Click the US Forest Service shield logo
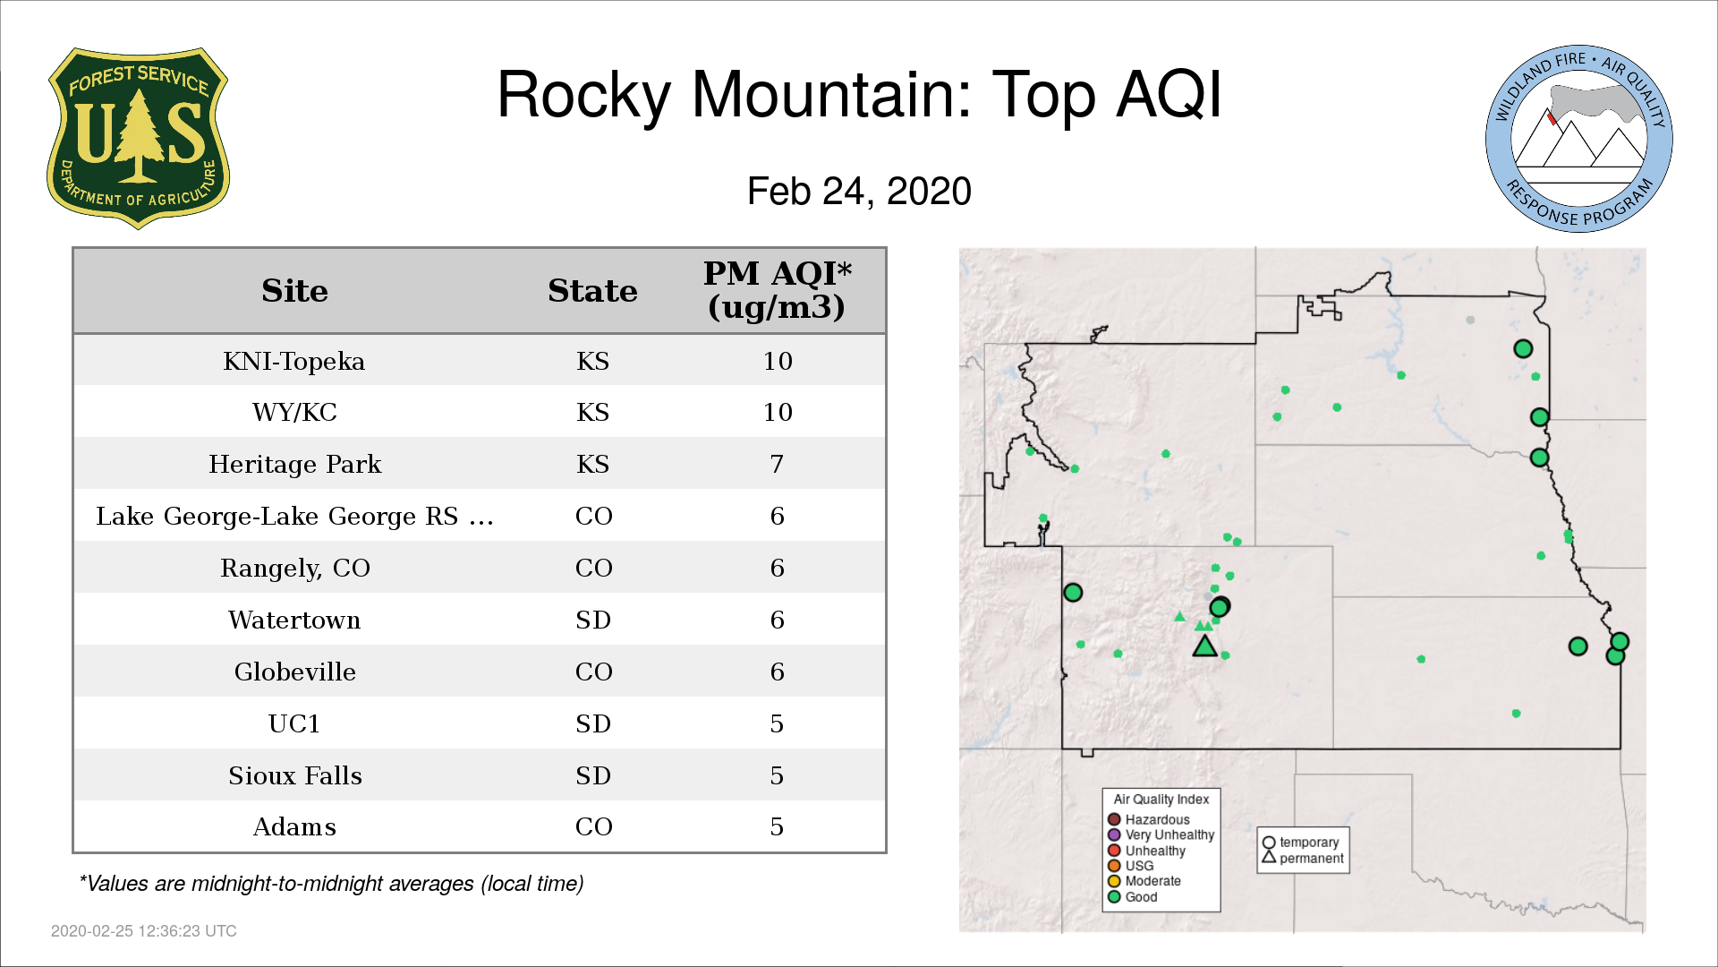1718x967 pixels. (138, 139)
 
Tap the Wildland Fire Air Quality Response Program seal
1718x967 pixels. (1578, 139)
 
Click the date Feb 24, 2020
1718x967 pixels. (859, 192)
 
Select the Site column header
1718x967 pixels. (294, 291)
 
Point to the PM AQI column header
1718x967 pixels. (777, 290)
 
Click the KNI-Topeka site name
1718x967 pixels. (294, 361)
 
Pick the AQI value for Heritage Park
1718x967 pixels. (777, 464)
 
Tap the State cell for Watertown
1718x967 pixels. (593, 620)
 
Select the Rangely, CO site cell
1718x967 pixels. (295, 569)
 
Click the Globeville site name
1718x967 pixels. (295, 672)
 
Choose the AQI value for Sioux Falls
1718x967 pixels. (777, 775)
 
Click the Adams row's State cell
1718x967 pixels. (593, 826)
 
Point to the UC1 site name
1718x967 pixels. (294, 723)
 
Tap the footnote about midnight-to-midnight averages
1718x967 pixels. (331, 884)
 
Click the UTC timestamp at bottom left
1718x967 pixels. (144, 931)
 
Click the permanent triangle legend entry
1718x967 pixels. (1303, 858)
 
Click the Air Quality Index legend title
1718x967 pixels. (1161, 800)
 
